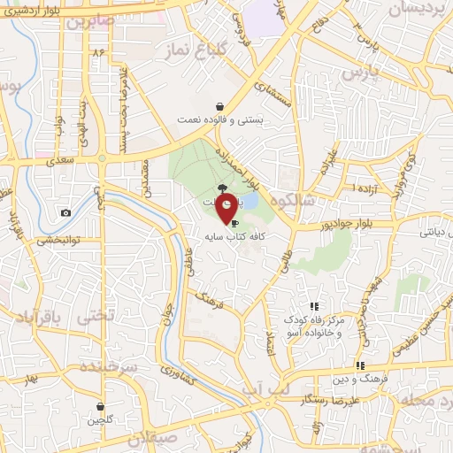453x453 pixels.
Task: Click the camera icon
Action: tap(65, 212)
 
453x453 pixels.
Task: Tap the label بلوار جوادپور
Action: tap(350, 225)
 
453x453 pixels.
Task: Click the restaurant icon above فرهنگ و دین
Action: tap(359, 365)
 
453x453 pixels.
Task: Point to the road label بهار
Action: tap(34, 379)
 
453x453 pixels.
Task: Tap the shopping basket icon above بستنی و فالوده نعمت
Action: tap(219, 107)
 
